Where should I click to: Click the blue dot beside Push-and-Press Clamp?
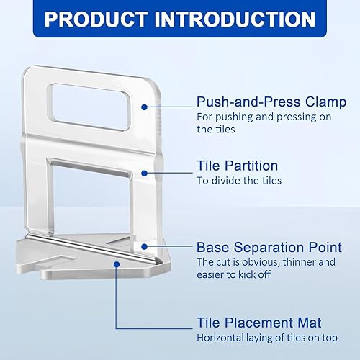[x=145, y=107]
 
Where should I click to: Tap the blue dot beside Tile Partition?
[x=145, y=173]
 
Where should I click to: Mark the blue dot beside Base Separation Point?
[x=145, y=246]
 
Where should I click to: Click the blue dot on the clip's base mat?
[x=116, y=264]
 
